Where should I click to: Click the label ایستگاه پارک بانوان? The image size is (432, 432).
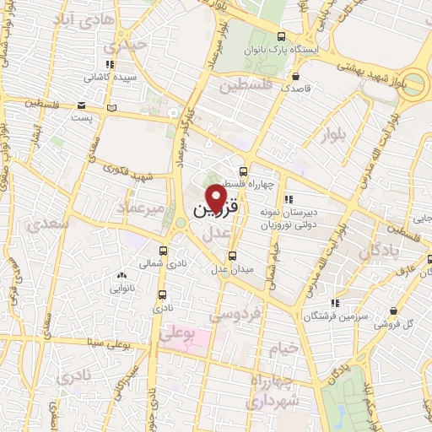pyautogui.click(x=327, y=50)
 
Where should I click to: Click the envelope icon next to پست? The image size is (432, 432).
pyautogui.click(x=81, y=105)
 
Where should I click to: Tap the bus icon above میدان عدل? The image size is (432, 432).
pyautogui.click(x=234, y=256)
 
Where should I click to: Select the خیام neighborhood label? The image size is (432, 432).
pyautogui.click(x=283, y=348)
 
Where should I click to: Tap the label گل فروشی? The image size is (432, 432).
pyautogui.click(x=402, y=323)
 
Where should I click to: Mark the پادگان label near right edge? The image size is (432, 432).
pyautogui.click(x=377, y=251)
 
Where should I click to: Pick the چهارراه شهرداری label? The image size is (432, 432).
pyautogui.click(x=271, y=390)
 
